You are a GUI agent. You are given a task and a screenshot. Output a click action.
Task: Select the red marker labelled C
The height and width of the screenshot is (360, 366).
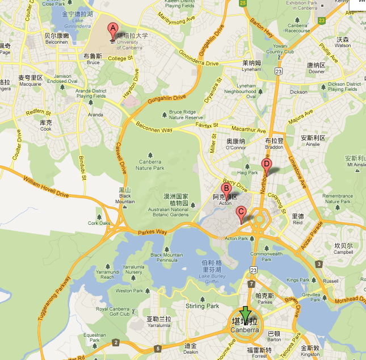[241, 213]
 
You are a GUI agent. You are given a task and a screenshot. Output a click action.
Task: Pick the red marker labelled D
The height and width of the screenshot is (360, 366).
[266, 165]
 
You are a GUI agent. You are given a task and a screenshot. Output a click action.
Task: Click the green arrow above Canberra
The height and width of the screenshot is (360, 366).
[245, 313]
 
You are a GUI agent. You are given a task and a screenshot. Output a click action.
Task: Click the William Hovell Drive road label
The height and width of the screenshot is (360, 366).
[46, 188]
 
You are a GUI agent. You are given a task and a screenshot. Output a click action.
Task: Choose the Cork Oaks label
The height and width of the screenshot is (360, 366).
[99, 223]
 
